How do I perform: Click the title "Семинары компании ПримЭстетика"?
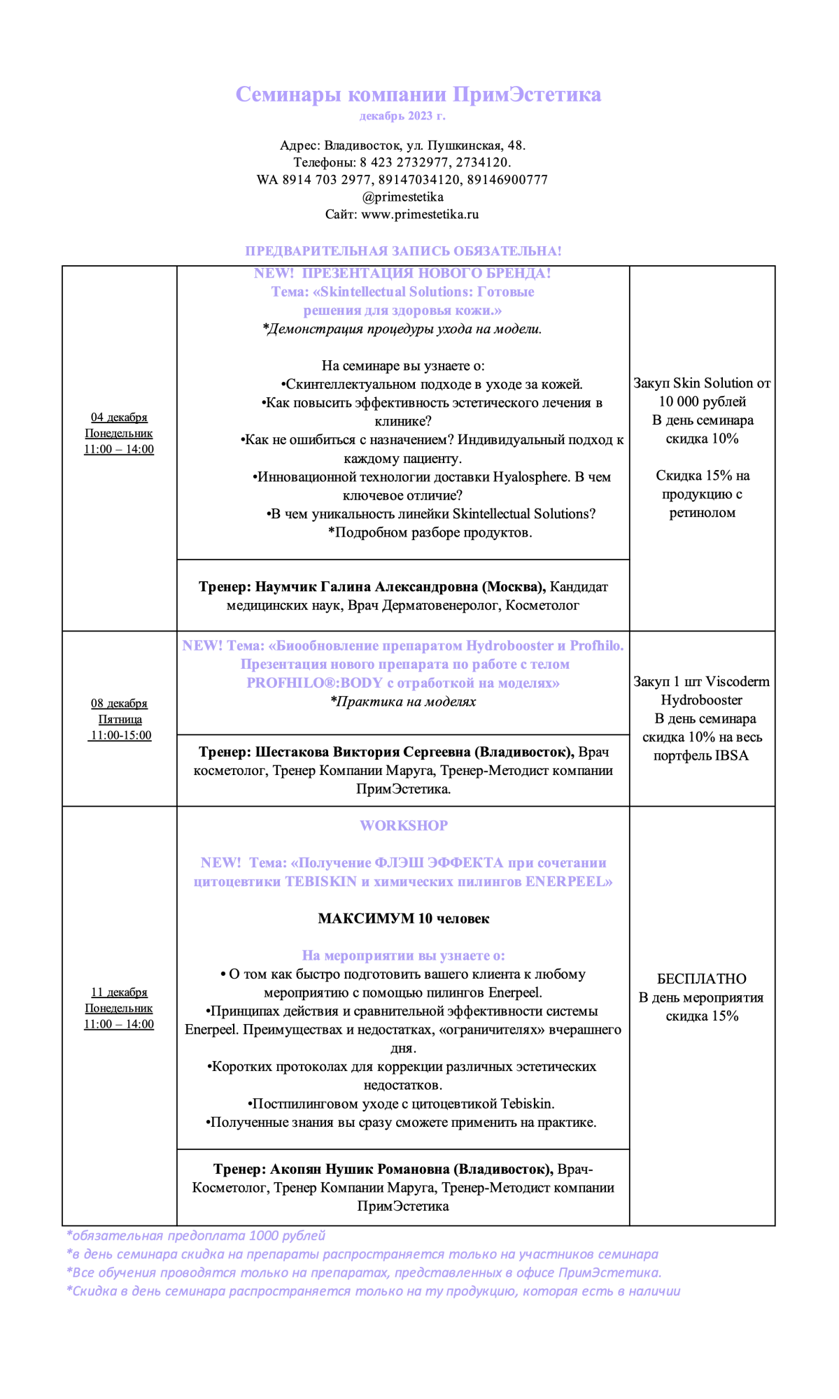pyautogui.click(x=418, y=94)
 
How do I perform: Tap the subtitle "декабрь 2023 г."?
pyautogui.click(x=402, y=116)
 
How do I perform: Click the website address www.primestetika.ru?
pyautogui.click(x=420, y=215)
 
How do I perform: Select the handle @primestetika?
pyautogui.click(x=402, y=197)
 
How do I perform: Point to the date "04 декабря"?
pyautogui.click(x=119, y=418)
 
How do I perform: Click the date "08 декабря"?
pyautogui.click(x=119, y=704)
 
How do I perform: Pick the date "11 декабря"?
pyautogui.click(x=119, y=993)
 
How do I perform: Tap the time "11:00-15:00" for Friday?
pyautogui.click(x=120, y=736)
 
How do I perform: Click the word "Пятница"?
pyautogui.click(x=120, y=720)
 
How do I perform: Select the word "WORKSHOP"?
pyautogui.click(x=404, y=826)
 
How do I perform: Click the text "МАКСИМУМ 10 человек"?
pyautogui.click(x=404, y=919)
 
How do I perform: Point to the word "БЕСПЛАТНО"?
pyautogui.click(x=702, y=979)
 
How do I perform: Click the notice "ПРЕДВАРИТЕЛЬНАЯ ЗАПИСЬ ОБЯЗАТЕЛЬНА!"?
pyautogui.click(x=403, y=251)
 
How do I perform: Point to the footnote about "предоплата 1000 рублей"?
pyautogui.click(x=196, y=1236)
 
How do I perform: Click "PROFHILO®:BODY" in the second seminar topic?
pyautogui.click(x=314, y=683)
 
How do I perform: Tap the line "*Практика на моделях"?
pyautogui.click(x=403, y=702)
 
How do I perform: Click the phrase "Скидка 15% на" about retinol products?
pyautogui.click(x=703, y=476)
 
